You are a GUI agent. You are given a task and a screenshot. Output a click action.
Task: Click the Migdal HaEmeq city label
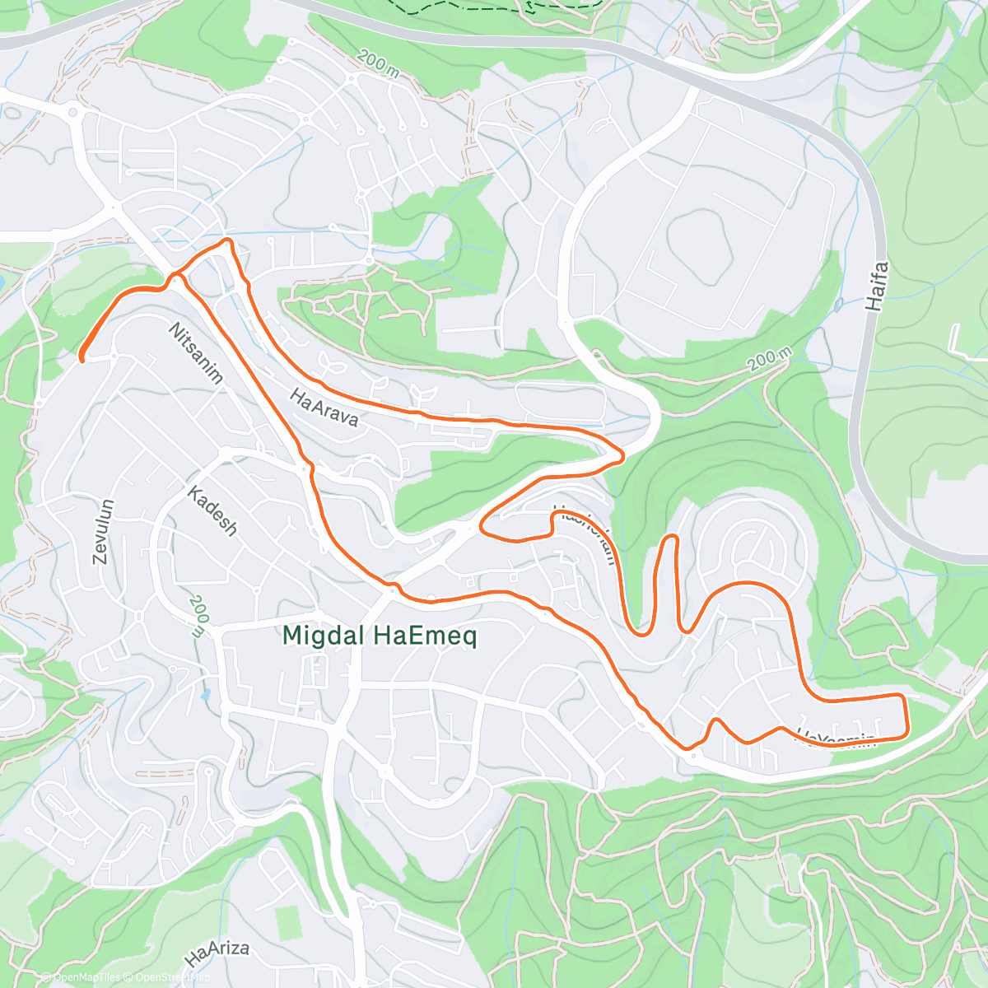[380, 636]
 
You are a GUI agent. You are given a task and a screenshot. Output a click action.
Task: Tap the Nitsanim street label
[196, 353]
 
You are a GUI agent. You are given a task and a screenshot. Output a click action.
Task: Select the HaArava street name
[324, 407]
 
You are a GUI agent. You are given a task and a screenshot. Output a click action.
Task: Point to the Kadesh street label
[212, 510]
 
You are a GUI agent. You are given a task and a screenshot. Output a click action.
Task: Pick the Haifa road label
[878, 286]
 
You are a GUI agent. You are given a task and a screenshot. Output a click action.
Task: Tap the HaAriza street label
[217, 954]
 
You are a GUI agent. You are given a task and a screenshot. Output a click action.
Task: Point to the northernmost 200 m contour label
[379, 62]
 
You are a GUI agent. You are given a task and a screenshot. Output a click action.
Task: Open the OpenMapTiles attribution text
[86, 977]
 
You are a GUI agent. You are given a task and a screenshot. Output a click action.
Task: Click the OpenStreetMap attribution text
[172, 977]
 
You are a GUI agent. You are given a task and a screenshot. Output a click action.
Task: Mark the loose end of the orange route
[82, 358]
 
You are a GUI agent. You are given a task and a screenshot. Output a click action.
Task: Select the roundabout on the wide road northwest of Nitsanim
[73, 110]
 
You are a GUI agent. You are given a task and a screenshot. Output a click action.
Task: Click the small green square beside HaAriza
[289, 923]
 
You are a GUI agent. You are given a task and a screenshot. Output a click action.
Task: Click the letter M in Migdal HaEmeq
[293, 636]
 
